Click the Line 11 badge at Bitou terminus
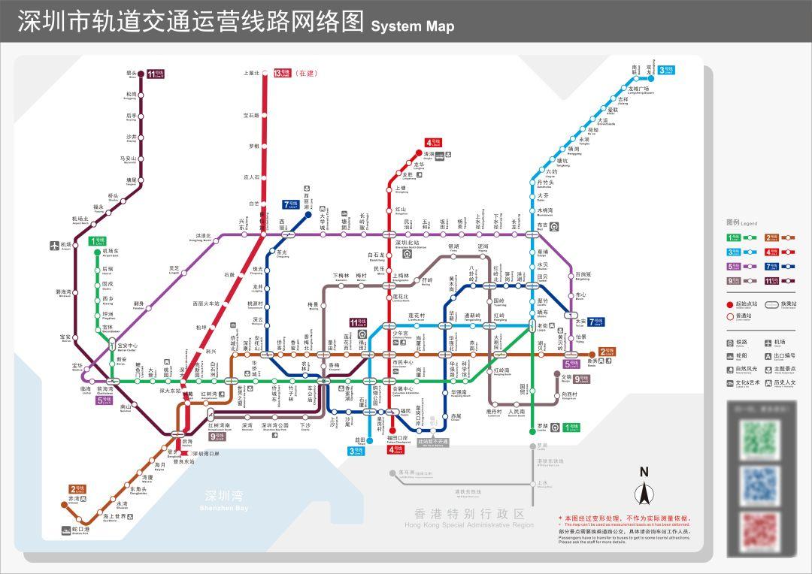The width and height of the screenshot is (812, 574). click(x=155, y=74)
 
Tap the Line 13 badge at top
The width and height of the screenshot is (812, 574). click(x=282, y=73)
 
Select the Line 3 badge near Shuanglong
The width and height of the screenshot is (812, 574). click(x=666, y=70)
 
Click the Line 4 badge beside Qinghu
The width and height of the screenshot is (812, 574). click(x=433, y=143)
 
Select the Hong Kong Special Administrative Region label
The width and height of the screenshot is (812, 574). click(x=470, y=517)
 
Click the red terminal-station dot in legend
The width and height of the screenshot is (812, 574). click(x=729, y=304)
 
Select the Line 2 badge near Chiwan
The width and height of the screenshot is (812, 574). click(x=78, y=489)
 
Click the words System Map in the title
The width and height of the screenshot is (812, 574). click(x=413, y=26)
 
